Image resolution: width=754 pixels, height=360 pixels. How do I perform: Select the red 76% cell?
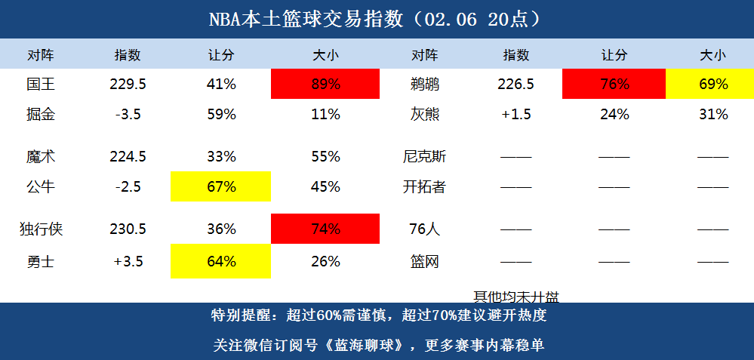pos(614,85)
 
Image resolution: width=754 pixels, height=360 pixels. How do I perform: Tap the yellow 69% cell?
pos(712,85)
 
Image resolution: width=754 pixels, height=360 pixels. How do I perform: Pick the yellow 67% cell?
pos(221,186)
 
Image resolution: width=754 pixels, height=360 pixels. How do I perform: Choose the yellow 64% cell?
pos(221,262)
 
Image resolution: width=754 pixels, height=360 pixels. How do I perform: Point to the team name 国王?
pos(40,85)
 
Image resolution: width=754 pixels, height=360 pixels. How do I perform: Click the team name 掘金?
pos(40,115)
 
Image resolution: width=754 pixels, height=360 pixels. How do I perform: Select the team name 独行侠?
pos(40,229)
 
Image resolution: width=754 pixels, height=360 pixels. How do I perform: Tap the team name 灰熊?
pos(424,115)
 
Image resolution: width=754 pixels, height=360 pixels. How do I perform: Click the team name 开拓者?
pos(424,186)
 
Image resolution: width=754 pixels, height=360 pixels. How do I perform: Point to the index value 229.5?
pos(128,85)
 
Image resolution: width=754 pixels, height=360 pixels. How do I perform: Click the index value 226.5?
pos(515,85)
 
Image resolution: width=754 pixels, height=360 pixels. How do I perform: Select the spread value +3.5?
pos(128,262)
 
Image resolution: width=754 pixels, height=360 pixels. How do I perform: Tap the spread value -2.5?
pos(128,186)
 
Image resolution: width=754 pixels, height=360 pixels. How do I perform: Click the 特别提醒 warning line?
pos(377,315)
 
